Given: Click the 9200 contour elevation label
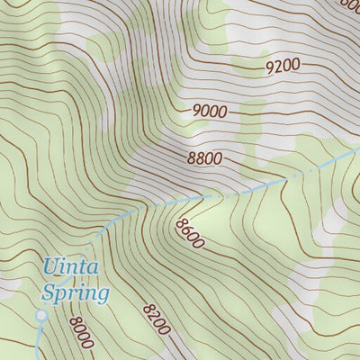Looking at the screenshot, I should click(283, 66).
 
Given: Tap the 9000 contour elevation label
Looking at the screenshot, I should click(209, 111).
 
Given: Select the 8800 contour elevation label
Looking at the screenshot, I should click(204, 158).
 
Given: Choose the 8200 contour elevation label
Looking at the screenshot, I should click(156, 319).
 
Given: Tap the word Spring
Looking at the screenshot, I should click(76, 293).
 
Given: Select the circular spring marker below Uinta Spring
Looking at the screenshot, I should click(40, 316).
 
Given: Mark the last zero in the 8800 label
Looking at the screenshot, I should click(217, 160).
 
